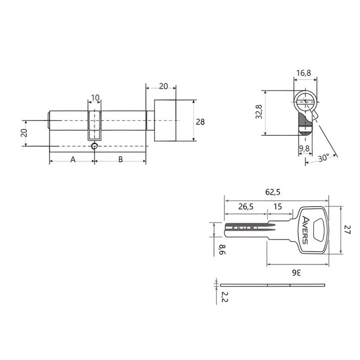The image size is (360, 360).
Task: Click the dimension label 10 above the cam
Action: click(x=95, y=98)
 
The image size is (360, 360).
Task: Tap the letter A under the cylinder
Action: click(x=73, y=159)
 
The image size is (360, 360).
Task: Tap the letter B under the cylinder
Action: click(x=120, y=159)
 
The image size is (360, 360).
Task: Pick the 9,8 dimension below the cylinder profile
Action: click(x=304, y=148)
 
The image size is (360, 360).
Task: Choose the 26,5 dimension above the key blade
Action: click(x=245, y=206)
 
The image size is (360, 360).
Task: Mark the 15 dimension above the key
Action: click(x=278, y=206)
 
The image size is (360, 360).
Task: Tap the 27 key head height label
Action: click(x=347, y=230)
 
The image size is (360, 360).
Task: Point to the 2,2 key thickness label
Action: click(x=223, y=297)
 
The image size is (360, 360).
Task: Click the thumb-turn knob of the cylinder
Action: click(x=165, y=121)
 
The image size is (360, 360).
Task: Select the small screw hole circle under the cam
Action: click(x=94, y=147)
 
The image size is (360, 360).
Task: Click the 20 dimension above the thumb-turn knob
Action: click(x=163, y=86)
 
